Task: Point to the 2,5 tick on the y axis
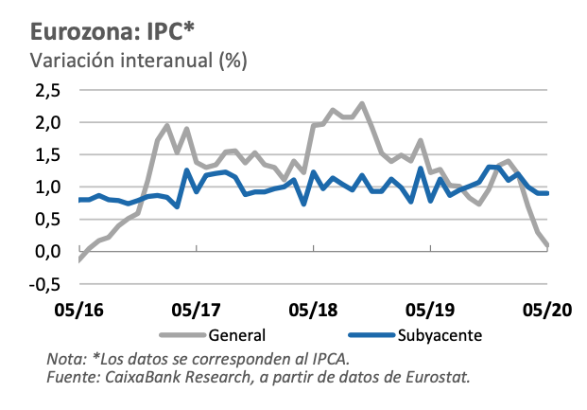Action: click(47, 90)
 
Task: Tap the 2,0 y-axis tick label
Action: click(47, 122)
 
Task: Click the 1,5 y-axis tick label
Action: click(47, 154)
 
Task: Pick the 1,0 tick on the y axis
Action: click(47, 187)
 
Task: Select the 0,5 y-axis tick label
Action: click(47, 219)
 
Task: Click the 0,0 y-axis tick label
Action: click(47, 251)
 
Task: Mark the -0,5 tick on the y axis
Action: click(44, 283)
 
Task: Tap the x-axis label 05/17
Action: click(196, 310)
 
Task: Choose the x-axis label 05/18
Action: click(313, 310)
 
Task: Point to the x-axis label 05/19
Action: click(430, 310)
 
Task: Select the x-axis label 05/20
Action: click(546, 310)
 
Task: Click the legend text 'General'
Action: click(236, 334)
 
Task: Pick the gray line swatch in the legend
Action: click(180, 334)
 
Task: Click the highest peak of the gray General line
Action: click(362, 103)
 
